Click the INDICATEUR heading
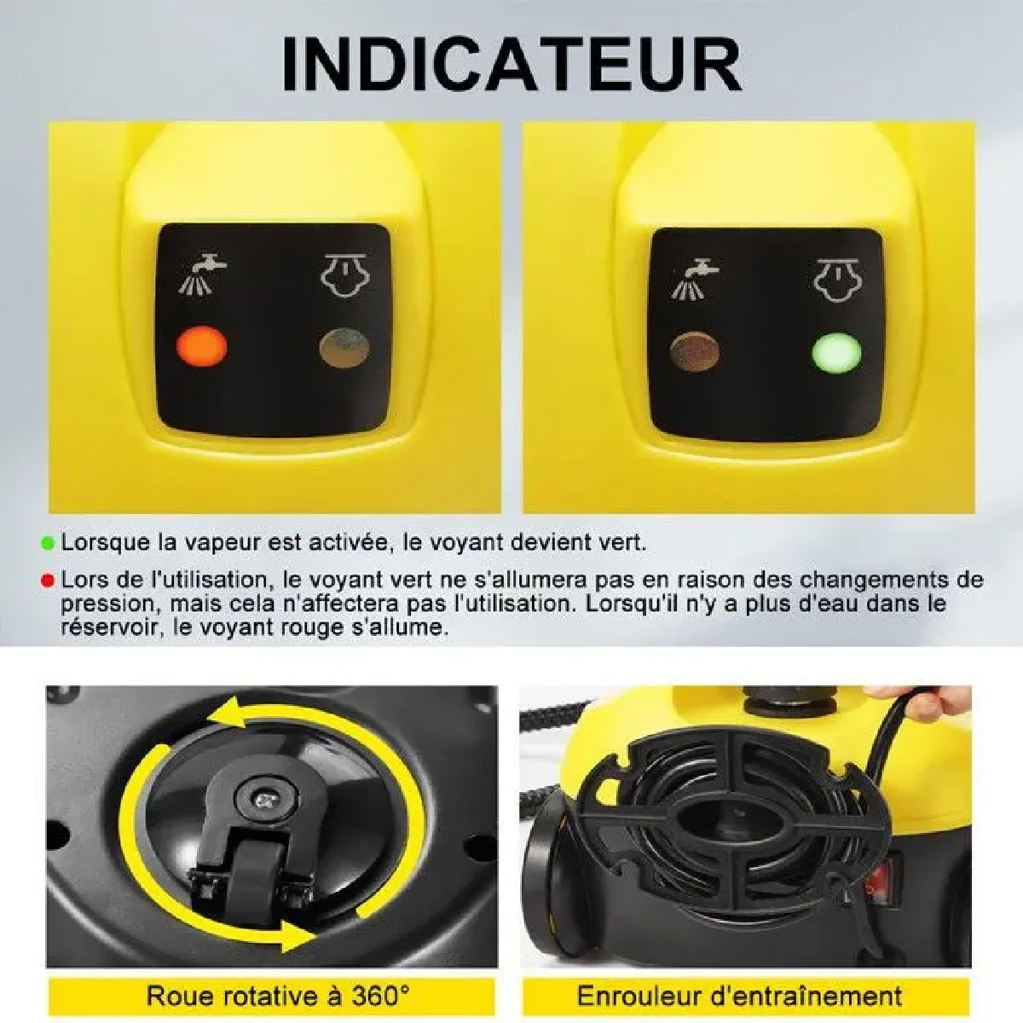(x=511, y=64)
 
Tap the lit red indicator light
(x=201, y=346)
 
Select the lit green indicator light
(x=836, y=353)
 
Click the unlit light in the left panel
(x=344, y=349)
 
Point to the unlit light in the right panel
(x=695, y=352)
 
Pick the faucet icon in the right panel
(x=696, y=279)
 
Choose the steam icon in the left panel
(x=344, y=275)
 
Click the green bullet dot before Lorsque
(x=47, y=544)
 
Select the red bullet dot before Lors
(x=47, y=581)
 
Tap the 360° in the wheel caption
(x=380, y=981)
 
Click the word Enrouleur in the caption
(x=629, y=981)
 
